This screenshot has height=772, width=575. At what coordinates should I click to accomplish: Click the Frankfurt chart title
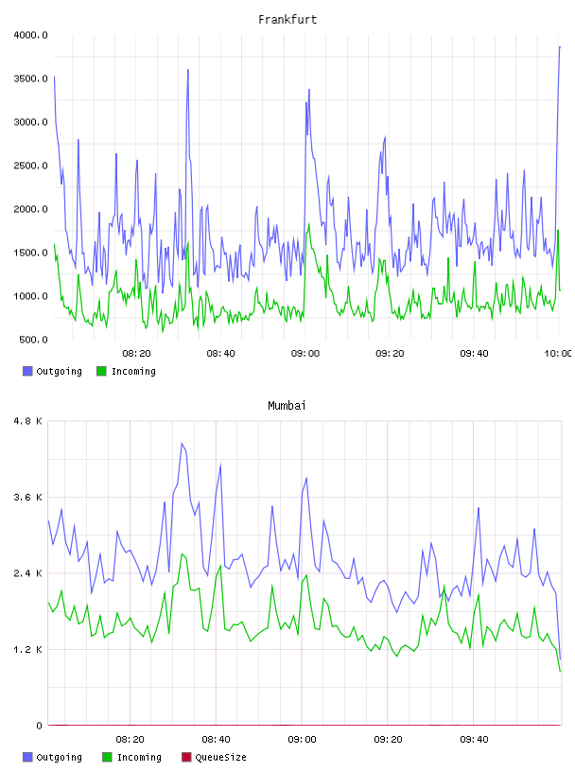pos(287,20)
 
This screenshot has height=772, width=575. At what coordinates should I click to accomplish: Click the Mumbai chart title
pos(287,406)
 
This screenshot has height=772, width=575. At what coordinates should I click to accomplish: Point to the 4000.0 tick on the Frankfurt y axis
pos(31,35)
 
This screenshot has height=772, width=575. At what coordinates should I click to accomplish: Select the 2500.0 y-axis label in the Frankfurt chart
pos(31,166)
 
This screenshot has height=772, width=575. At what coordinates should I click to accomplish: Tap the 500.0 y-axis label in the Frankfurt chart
pos(33,340)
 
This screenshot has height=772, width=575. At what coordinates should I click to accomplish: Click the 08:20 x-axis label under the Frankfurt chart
pos(136,354)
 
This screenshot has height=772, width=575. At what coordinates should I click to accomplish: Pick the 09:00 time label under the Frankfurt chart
pos(305,354)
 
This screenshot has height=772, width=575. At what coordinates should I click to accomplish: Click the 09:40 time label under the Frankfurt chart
pos(474,354)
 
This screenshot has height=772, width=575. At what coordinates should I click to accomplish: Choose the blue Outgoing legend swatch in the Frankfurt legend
pos(27,371)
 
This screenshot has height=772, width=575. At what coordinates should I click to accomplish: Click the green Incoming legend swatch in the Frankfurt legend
pos(101,371)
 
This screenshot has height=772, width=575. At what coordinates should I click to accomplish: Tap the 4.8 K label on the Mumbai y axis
pos(28,421)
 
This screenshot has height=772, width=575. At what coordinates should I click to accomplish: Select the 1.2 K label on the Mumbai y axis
pos(28,650)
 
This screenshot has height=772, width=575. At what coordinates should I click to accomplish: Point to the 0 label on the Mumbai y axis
pos(40,726)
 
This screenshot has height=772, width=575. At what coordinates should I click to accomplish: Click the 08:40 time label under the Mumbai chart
pos(217,740)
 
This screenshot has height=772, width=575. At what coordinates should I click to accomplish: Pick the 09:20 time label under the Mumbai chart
pos(388,740)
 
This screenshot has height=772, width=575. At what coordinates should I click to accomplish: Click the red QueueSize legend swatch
pos(186,757)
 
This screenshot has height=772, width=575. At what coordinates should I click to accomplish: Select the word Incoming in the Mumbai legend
pos(139,757)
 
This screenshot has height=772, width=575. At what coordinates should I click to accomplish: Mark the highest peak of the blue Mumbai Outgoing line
pos(182,443)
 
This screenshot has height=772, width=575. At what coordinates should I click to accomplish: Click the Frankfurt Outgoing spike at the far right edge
pos(559,46)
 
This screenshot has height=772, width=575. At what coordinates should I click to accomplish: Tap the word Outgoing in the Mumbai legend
pos(59,757)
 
